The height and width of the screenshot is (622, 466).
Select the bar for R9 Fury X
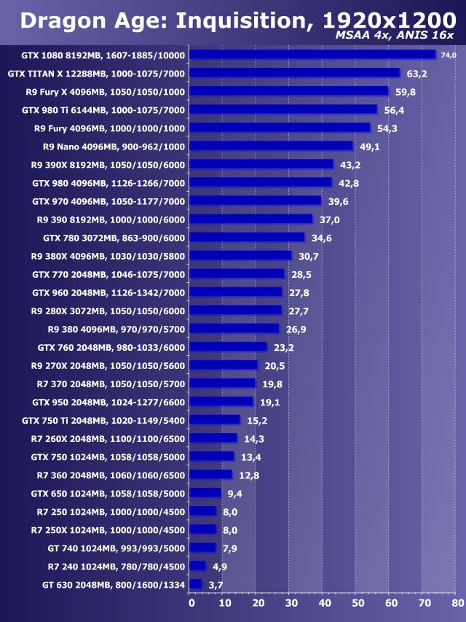point(289,91)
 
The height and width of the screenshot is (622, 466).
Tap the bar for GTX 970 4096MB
point(255,201)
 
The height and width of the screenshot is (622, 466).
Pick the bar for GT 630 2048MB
point(195,584)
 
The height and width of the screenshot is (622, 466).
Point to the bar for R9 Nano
point(271,146)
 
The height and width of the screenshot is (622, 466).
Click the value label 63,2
point(416,74)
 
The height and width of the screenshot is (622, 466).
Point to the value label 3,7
point(216,585)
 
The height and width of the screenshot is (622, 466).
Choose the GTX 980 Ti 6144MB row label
point(103,109)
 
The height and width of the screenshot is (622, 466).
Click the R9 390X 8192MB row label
point(108,164)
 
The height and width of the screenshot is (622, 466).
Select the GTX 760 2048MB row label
point(108,347)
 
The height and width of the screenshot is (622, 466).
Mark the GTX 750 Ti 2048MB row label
point(103,420)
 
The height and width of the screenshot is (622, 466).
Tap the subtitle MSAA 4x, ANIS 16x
point(394,36)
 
